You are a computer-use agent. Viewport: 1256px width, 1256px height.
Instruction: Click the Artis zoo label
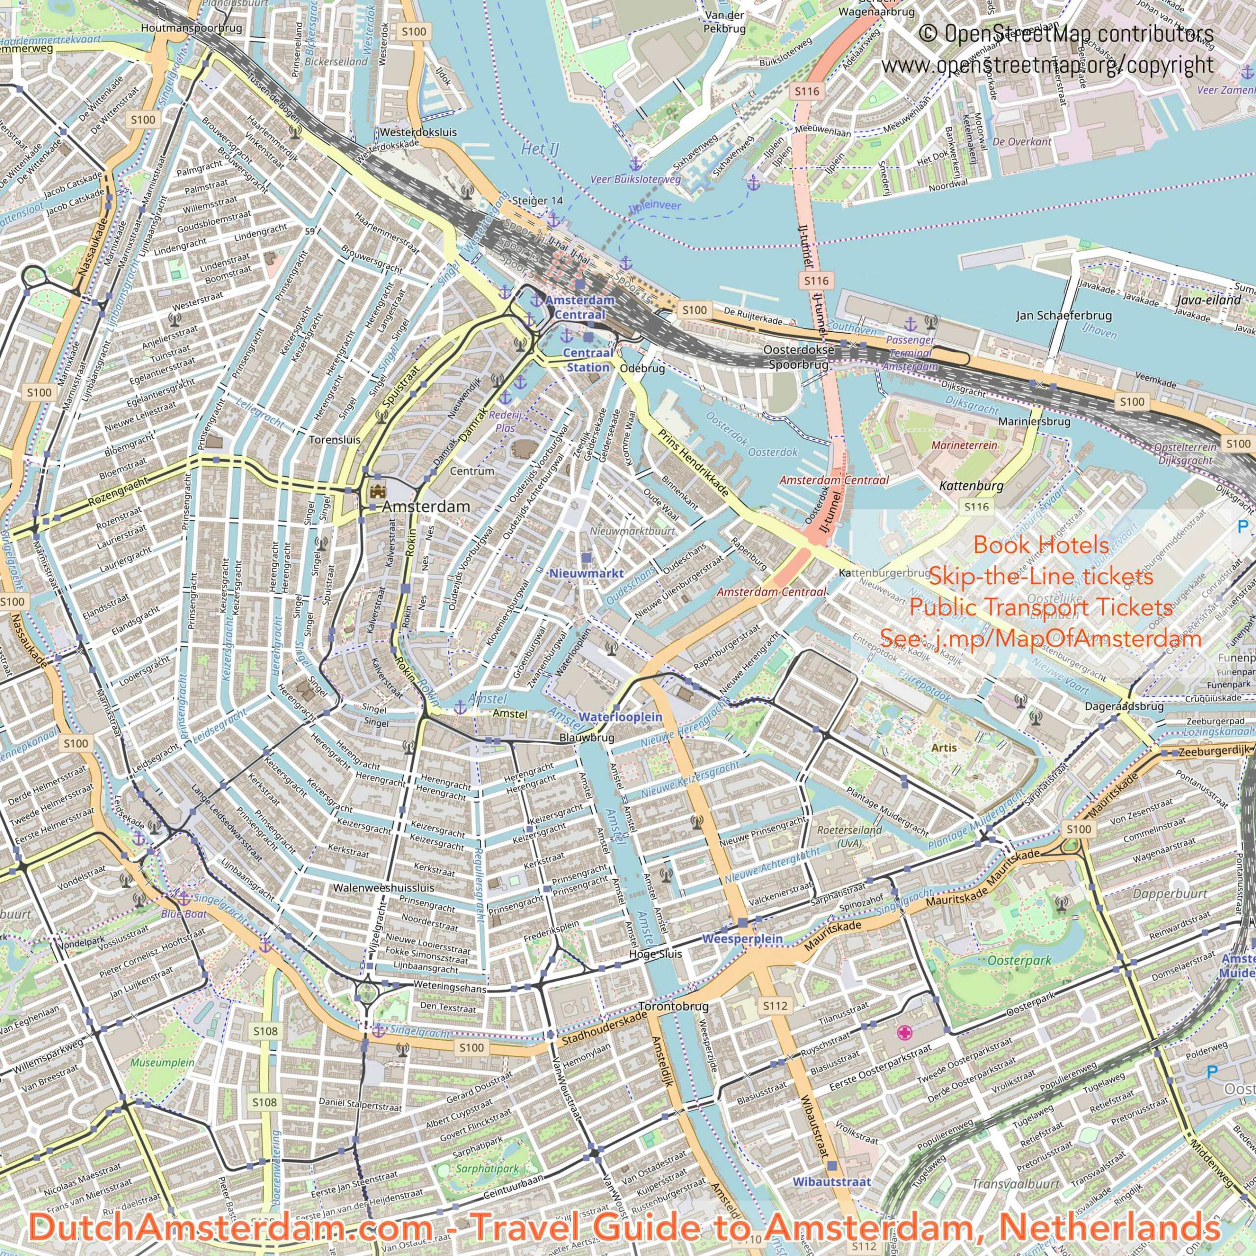pyautogui.click(x=943, y=748)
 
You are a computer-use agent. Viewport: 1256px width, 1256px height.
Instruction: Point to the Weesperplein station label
pyautogui.click(x=742, y=939)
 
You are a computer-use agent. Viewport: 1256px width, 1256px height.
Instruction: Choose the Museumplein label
pyautogui.click(x=162, y=1062)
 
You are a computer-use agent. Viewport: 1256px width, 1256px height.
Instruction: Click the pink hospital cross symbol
pyautogui.click(x=904, y=1032)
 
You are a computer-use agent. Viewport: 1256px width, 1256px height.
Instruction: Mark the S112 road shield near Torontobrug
pyautogui.click(x=775, y=1006)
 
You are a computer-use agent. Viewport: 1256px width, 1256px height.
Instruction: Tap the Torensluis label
pyautogui.click(x=334, y=440)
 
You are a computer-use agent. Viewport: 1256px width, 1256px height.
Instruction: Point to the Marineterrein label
pyautogui.click(x=964, y=445)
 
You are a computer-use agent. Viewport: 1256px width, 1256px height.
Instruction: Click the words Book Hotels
pyautogui.click(x=1041, y=545)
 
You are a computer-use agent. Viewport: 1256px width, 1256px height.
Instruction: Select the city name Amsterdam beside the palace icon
pyautogui.click(x=426, y=506)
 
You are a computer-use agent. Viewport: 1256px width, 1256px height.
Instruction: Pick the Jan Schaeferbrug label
pyautogui.click(x=1064, y=315)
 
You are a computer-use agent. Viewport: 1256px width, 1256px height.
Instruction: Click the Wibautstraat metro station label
pyautogui.click(x=832, y=1163)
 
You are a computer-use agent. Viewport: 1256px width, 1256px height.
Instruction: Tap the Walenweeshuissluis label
pyautogui.click(x=383, y=888)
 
